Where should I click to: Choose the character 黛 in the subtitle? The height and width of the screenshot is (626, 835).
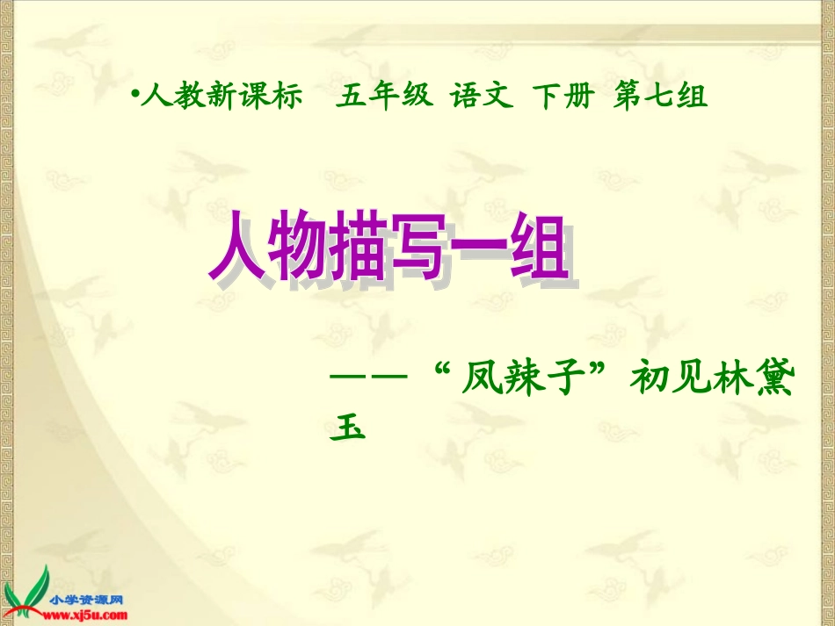[x=773, y=383]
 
